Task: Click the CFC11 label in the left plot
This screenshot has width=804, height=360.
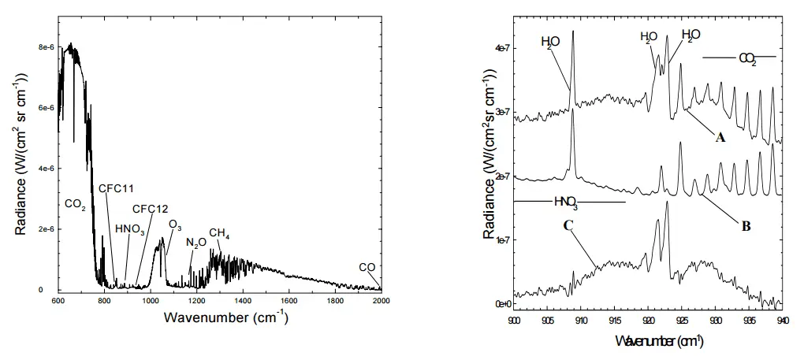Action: tap(117, 188)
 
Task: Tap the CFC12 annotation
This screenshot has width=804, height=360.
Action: tap(150, 209)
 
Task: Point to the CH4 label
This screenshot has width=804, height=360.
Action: tap(219, 234)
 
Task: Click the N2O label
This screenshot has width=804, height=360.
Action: tap(195, 243)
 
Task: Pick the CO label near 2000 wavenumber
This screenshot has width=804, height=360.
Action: tap(367, 266)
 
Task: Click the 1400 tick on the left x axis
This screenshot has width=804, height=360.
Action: tap(243, 302)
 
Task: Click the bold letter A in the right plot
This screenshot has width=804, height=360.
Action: tap(719, 138)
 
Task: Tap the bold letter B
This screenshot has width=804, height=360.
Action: tap(745, 226)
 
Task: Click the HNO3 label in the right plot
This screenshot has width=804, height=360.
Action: tap(566, 202)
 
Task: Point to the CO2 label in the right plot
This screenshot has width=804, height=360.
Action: tap(746, 58)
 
